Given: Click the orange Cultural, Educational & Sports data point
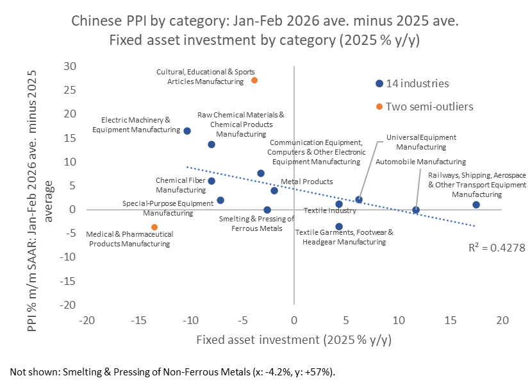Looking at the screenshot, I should [254, 80].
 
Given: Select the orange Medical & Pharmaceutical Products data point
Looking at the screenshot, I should [154, 227].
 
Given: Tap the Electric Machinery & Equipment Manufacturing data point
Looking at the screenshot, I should [187, 131].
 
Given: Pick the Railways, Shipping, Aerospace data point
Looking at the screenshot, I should [476, 205].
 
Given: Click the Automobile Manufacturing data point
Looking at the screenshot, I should [416, 210].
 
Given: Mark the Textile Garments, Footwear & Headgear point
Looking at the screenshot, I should [339, 227].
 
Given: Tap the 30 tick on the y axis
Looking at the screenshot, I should [69, 66].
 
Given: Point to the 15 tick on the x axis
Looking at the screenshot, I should [450, 320].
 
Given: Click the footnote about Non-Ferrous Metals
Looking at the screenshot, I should [172, 372].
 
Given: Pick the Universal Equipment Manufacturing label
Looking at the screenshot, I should [421, 142].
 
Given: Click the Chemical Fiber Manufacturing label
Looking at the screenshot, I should [181, 185].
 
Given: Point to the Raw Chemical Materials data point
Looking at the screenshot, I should [211, 144].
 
